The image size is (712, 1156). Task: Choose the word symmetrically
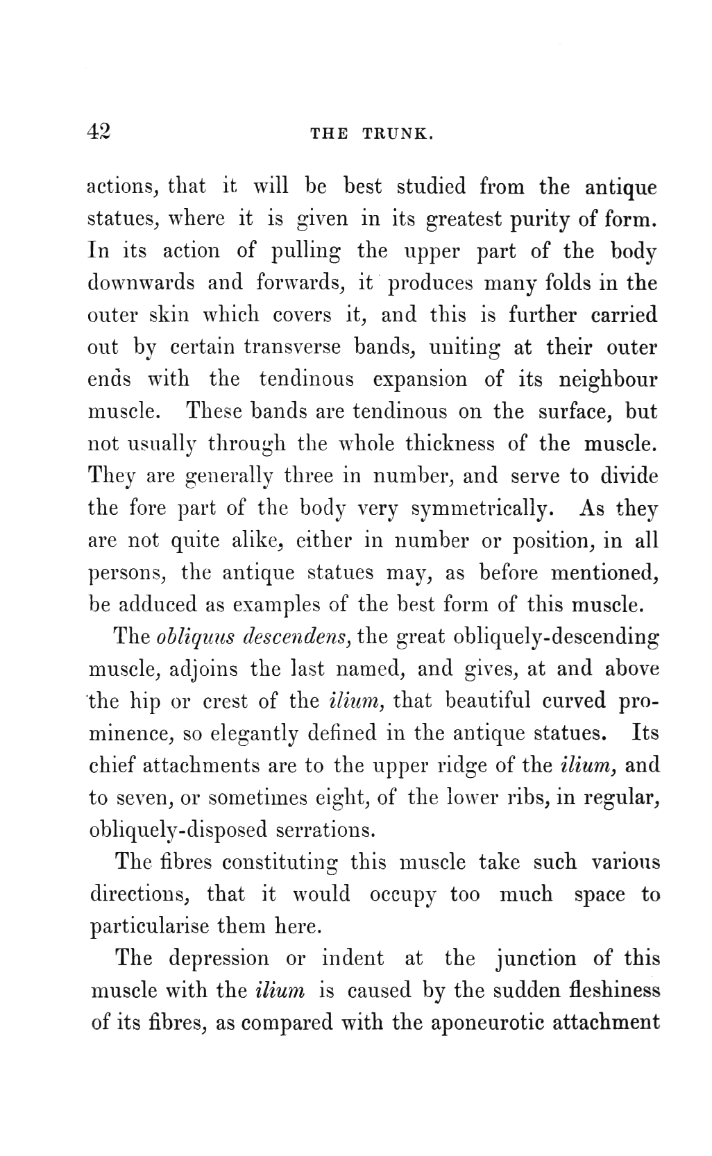pos(481,509)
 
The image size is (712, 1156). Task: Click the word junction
pos(536,958)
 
